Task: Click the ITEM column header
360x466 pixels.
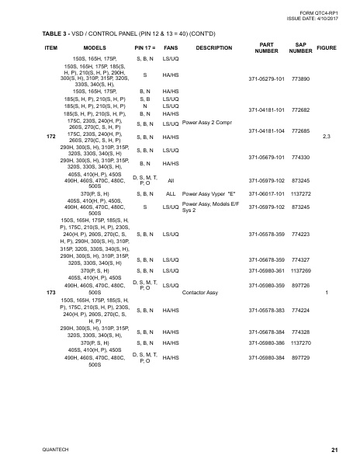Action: pos(51,47)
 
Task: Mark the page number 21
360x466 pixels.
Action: pos(334,450)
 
